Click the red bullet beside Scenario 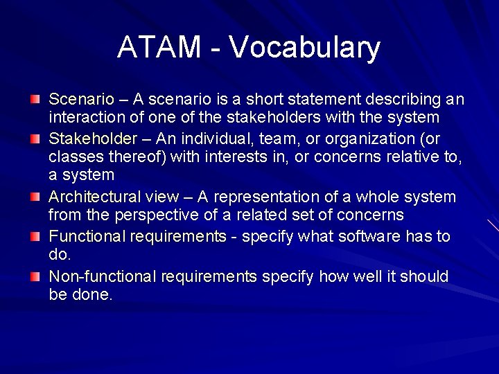click(x=35, y=100)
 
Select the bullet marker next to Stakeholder click(x=35, y=139)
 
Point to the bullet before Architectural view click(x=35, y=197)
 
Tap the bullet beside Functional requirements click(x=35, y=237)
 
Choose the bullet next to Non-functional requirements click(x=35, y=276)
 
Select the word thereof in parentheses click(x=132, y=157)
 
